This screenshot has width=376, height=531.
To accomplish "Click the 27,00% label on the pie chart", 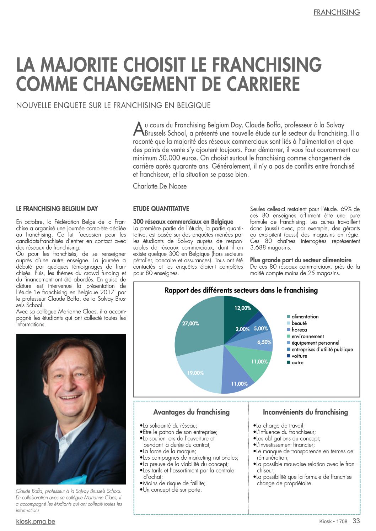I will [x=190, y=323].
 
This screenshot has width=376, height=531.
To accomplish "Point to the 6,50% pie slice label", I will [x=264, y=342].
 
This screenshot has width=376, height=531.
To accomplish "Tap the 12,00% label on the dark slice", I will [x=243, y=308].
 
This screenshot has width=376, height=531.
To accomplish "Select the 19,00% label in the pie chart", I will [x=195, y=373].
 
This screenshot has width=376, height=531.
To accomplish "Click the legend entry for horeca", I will [x=299, y=330].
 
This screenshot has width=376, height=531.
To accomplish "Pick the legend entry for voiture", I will [x=299, y=356].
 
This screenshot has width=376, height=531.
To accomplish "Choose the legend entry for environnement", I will [x=307, y=336].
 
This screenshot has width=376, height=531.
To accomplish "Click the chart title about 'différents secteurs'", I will [x=241, y=290].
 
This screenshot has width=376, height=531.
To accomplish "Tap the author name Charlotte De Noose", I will [x=160, y=186].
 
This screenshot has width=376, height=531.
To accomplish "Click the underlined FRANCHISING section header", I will [x=337, y=12].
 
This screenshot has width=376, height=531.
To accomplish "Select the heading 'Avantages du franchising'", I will [x=191, y=412].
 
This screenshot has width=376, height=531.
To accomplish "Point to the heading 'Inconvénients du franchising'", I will [x=305, y=412].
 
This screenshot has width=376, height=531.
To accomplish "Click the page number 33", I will [x=356, y=521].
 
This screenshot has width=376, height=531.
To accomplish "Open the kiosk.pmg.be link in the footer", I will [x=36, y=522].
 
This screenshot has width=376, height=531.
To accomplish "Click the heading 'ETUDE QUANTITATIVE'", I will [x=161, y=209].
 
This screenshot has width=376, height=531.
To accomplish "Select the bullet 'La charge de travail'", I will [x=280, y=426].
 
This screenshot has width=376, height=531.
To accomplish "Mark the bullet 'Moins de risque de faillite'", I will [x=174, y=483].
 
